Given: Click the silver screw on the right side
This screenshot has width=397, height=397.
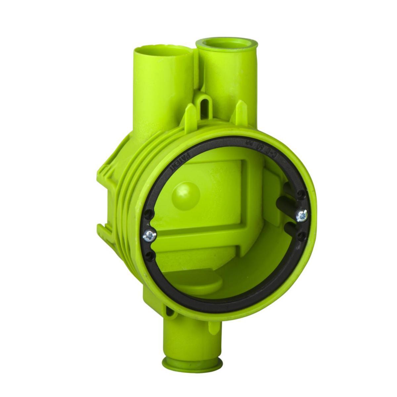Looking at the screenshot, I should point(302,216).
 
